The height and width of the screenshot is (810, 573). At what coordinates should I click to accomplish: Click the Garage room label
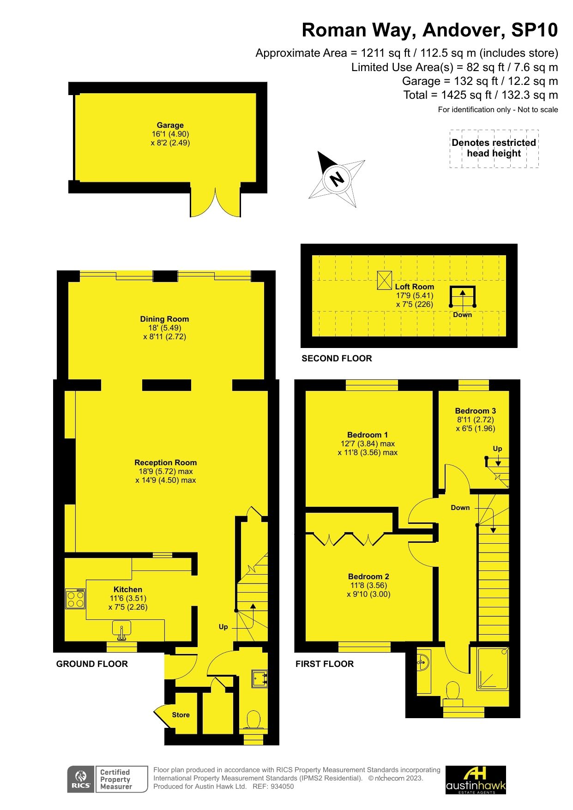click(x=170, y=125)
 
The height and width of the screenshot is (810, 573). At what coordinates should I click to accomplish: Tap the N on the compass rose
click(x=338, y=178)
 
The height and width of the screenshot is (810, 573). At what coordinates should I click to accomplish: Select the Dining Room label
click(x=164, y=319)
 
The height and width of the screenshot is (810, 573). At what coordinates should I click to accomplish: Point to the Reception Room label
click(x=165, y=462)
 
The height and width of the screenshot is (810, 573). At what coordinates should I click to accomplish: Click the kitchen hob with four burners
click(x=75, y=599)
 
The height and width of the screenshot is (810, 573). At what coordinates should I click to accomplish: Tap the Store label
click(x=181, y=715)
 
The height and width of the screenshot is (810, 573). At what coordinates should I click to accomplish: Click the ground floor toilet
click(x=253, y=720)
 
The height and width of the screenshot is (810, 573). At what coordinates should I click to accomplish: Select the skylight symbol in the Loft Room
click(x=384, y=280)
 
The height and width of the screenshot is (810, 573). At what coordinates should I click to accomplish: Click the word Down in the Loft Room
click(x=462, y=315)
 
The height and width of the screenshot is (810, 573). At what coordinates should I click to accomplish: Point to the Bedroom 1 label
click(x=368, y=435)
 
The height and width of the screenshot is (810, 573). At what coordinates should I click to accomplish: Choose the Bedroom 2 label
click(x=368, y=576)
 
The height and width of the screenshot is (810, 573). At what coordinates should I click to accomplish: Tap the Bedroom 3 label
click(x=475, y=411)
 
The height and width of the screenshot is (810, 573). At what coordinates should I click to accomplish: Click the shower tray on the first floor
click(x=493, y=669)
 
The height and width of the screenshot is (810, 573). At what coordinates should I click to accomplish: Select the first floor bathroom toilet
click(x=453, y=692)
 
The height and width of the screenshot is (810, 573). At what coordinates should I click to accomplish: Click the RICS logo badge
click(x=81, y=779)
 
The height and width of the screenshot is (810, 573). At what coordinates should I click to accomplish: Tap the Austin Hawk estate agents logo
click(x=476, y=780)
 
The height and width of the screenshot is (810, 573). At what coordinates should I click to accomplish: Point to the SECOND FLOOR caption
click(x=337, y=358)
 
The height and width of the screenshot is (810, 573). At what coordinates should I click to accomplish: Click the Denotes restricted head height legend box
click(x=494, y=148)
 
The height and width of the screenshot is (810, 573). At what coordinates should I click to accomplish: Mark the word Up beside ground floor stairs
click(x=223, y=627)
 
